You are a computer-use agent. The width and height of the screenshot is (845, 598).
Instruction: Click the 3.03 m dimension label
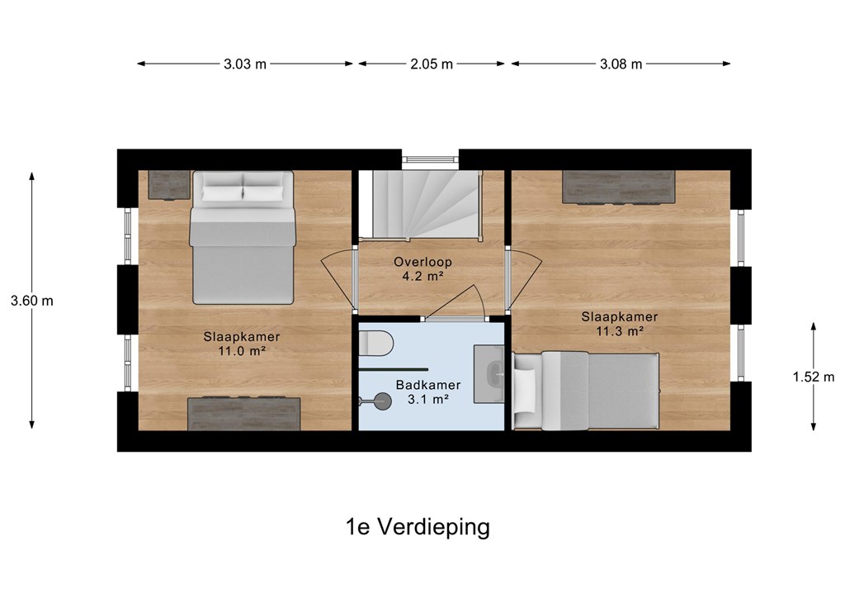click(245, 64)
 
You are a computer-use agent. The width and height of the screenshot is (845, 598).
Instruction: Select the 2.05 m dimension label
click(432, 64)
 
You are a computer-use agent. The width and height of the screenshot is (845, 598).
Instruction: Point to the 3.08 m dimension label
click(621, 64)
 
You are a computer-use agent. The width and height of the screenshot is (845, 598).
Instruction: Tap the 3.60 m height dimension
click(32, 301)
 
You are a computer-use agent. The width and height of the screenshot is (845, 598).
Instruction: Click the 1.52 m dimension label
click(813, 377)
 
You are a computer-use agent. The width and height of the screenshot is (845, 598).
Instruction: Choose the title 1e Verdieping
click(418, 527)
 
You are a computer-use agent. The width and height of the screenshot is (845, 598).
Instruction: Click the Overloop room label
click(422, 262)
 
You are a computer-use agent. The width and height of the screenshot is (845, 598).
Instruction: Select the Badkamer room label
click(428, 385)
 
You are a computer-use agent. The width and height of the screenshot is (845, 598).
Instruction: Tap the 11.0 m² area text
click(242, 351)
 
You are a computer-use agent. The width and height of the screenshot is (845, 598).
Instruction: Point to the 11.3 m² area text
click(619, 331)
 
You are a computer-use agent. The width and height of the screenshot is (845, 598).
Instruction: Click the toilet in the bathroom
click(376, 343)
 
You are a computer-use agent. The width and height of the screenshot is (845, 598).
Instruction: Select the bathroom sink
click(489, 374)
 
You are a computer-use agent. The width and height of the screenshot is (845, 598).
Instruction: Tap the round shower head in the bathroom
click(383, 401)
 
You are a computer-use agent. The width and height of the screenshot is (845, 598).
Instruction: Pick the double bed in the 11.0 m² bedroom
click(243, 238)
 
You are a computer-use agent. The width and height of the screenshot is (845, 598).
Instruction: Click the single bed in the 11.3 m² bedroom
click(586, 391)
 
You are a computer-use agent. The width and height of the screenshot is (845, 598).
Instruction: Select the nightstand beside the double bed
click(169, 185)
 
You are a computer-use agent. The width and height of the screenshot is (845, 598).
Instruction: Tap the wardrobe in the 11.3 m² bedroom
click(619, 187)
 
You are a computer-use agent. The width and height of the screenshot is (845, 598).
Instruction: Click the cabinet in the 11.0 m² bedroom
click(243, 414)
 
